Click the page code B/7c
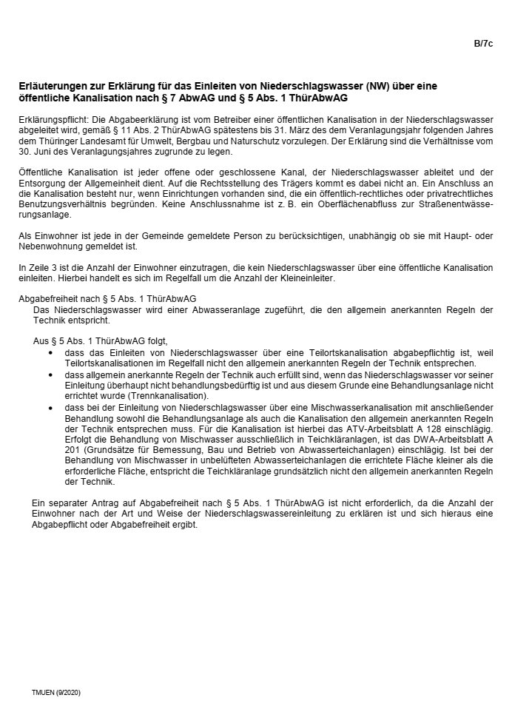tap(483, 44)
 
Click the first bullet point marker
tap(50, 354)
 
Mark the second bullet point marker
tap(50, 376)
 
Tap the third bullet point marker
tap(50, 407)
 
